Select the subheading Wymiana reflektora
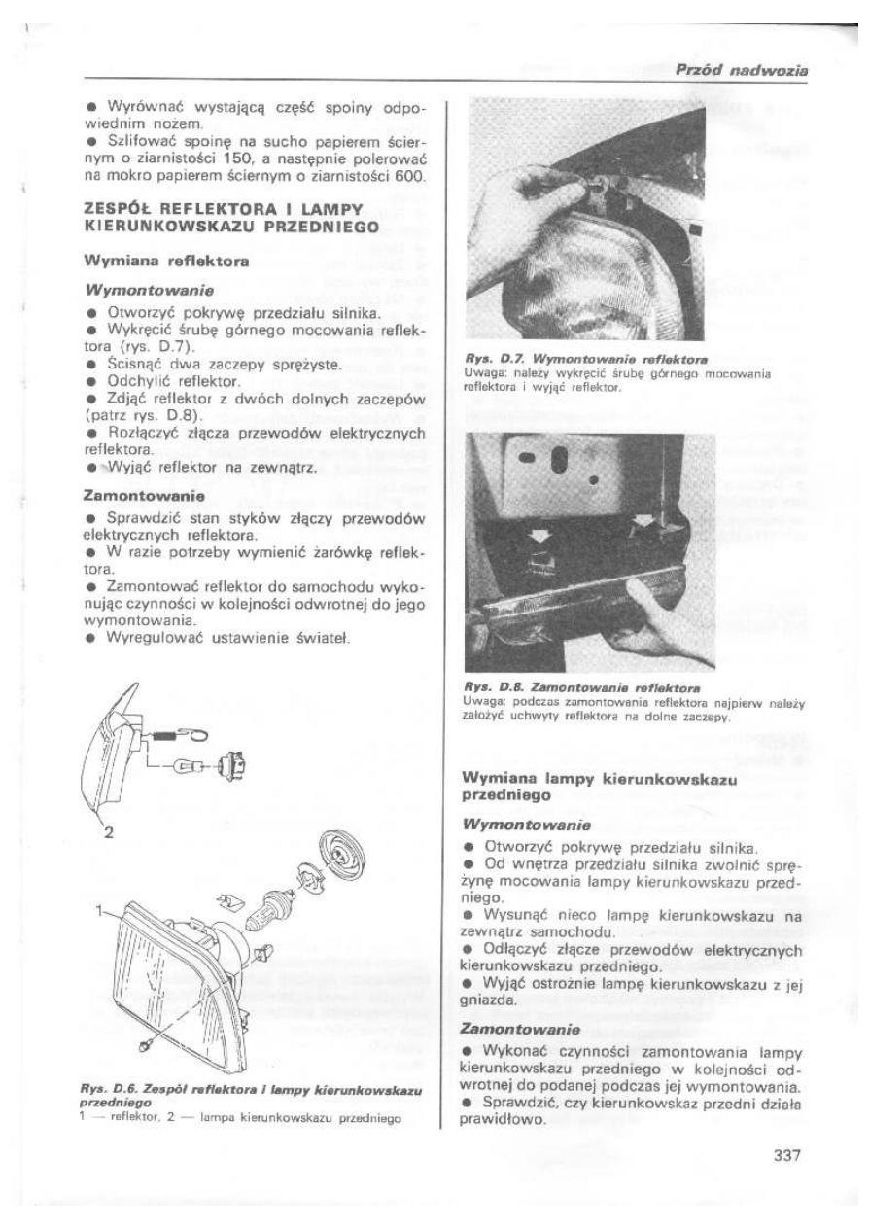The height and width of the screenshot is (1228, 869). point(155,261)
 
